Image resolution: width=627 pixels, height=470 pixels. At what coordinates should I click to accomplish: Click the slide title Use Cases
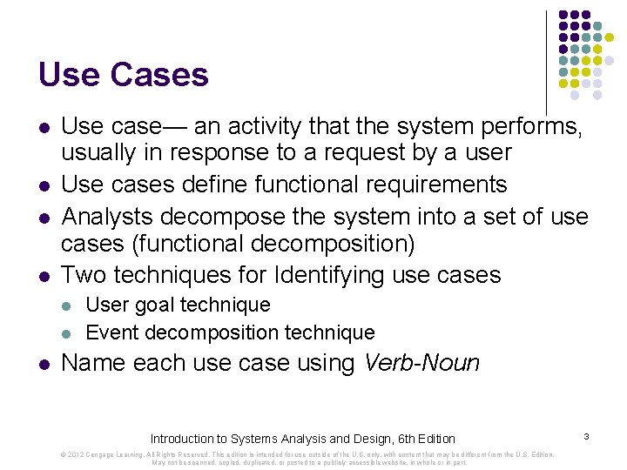point(123,75)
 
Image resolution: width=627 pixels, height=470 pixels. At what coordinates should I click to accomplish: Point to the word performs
point(530,127)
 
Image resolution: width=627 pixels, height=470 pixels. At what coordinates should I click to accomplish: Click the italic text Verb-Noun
point(421,362)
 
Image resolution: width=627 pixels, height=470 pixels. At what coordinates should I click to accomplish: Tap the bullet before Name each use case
point(44,363)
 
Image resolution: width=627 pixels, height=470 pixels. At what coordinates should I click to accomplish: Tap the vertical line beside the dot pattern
point(546,61)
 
